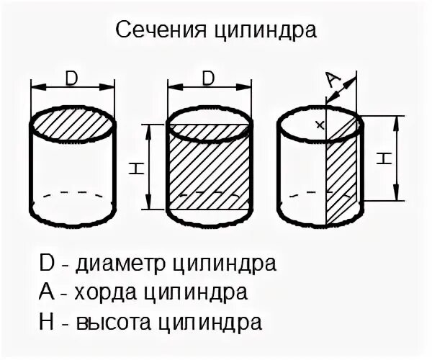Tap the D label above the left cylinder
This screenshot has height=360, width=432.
pyautogui.click(x=72, y=76)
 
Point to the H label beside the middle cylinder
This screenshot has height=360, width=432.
pyautogui.click(x=135, y=170)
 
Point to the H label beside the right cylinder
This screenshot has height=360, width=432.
pyautogui.click(x=384, y=158)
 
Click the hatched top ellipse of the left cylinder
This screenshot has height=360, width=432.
pyautogui.click(x=72, y=125)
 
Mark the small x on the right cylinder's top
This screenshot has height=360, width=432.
pyautogui.click(x=320, y=125)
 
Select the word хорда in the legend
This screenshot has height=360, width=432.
pyautogui.click(x=102, y=292)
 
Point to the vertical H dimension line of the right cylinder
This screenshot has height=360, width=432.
pyautogui.click(x=395, y=158)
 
